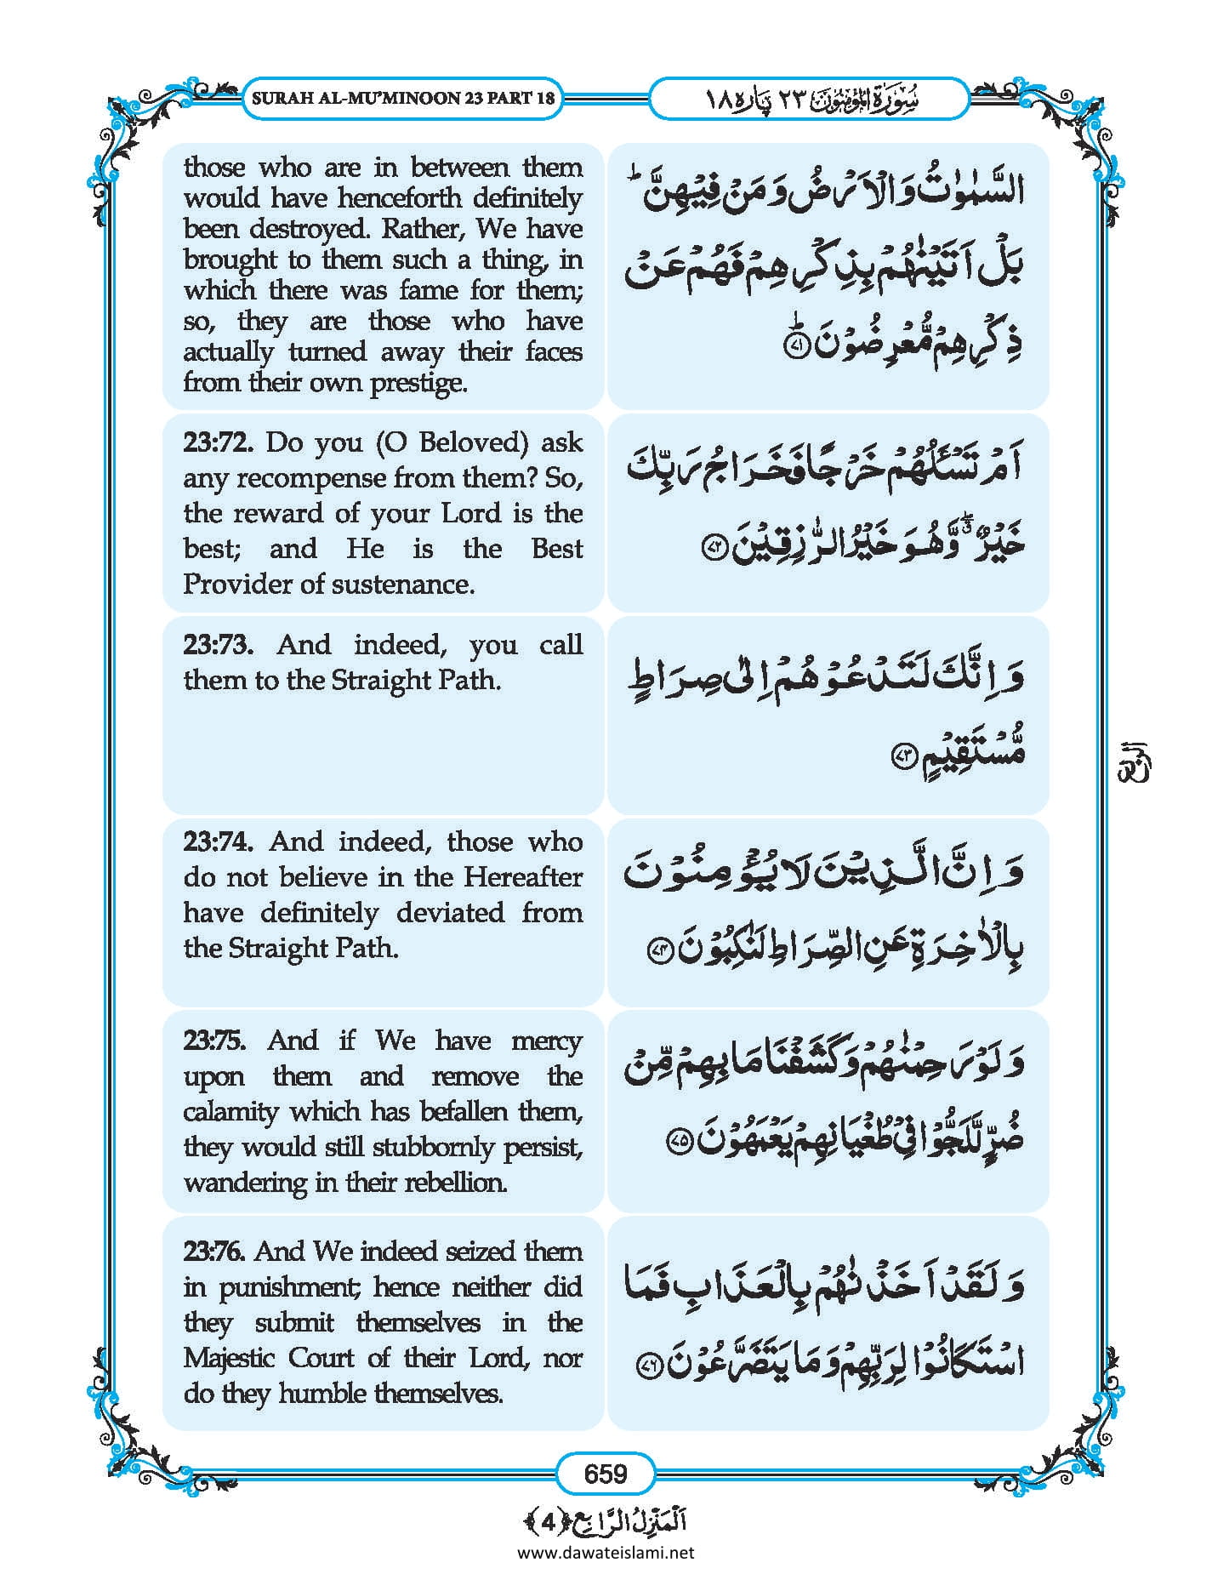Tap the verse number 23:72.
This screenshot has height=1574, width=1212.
(218, 442)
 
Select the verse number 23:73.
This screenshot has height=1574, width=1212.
(218, 644)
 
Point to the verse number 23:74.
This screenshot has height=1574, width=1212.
(218, 841)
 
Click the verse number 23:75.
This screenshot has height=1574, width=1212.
(214, 1041)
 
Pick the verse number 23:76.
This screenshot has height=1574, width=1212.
(214, 1251)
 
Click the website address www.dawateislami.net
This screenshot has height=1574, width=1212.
(606, 1552)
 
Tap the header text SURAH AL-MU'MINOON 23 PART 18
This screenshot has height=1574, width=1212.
(403, 98)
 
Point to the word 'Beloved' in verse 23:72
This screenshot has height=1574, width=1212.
(469, 442)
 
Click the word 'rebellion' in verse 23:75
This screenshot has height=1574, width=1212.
(452, 1183)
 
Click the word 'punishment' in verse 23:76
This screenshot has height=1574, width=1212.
(289, 1287)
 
